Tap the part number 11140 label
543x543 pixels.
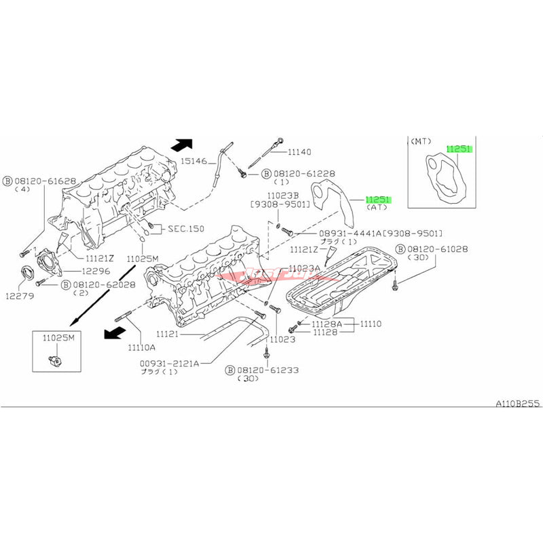pyautogui.click(x=298, y=153)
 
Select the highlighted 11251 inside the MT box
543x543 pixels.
pyautogui.click(x=458, y=148)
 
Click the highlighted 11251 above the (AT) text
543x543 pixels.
pyautogui.click(x=378, y=200)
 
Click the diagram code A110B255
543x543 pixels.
pyautogui.click(x=517, y=402)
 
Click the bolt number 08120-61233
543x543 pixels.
pyautogui.click(x=267, y=370)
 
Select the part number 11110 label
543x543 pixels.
pyautogui.click(x=371, y=324)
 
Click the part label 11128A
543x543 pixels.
pyautogui.click(x=328, y=324)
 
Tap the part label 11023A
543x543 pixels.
pyautogui.click(x=305, y=268)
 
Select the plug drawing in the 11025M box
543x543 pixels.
pyautogui.click(x=53, y=359)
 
